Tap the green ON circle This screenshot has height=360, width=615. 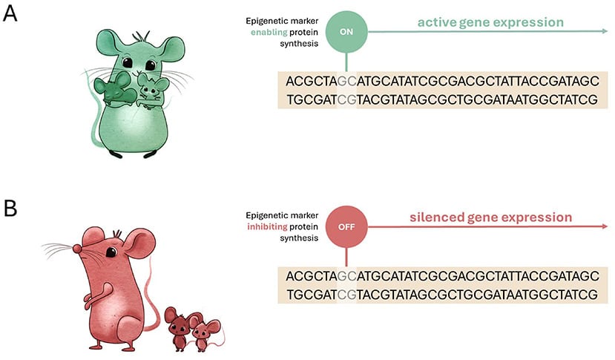346,33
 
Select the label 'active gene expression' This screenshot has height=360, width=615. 490,22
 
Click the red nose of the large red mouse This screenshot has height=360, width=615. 76,246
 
